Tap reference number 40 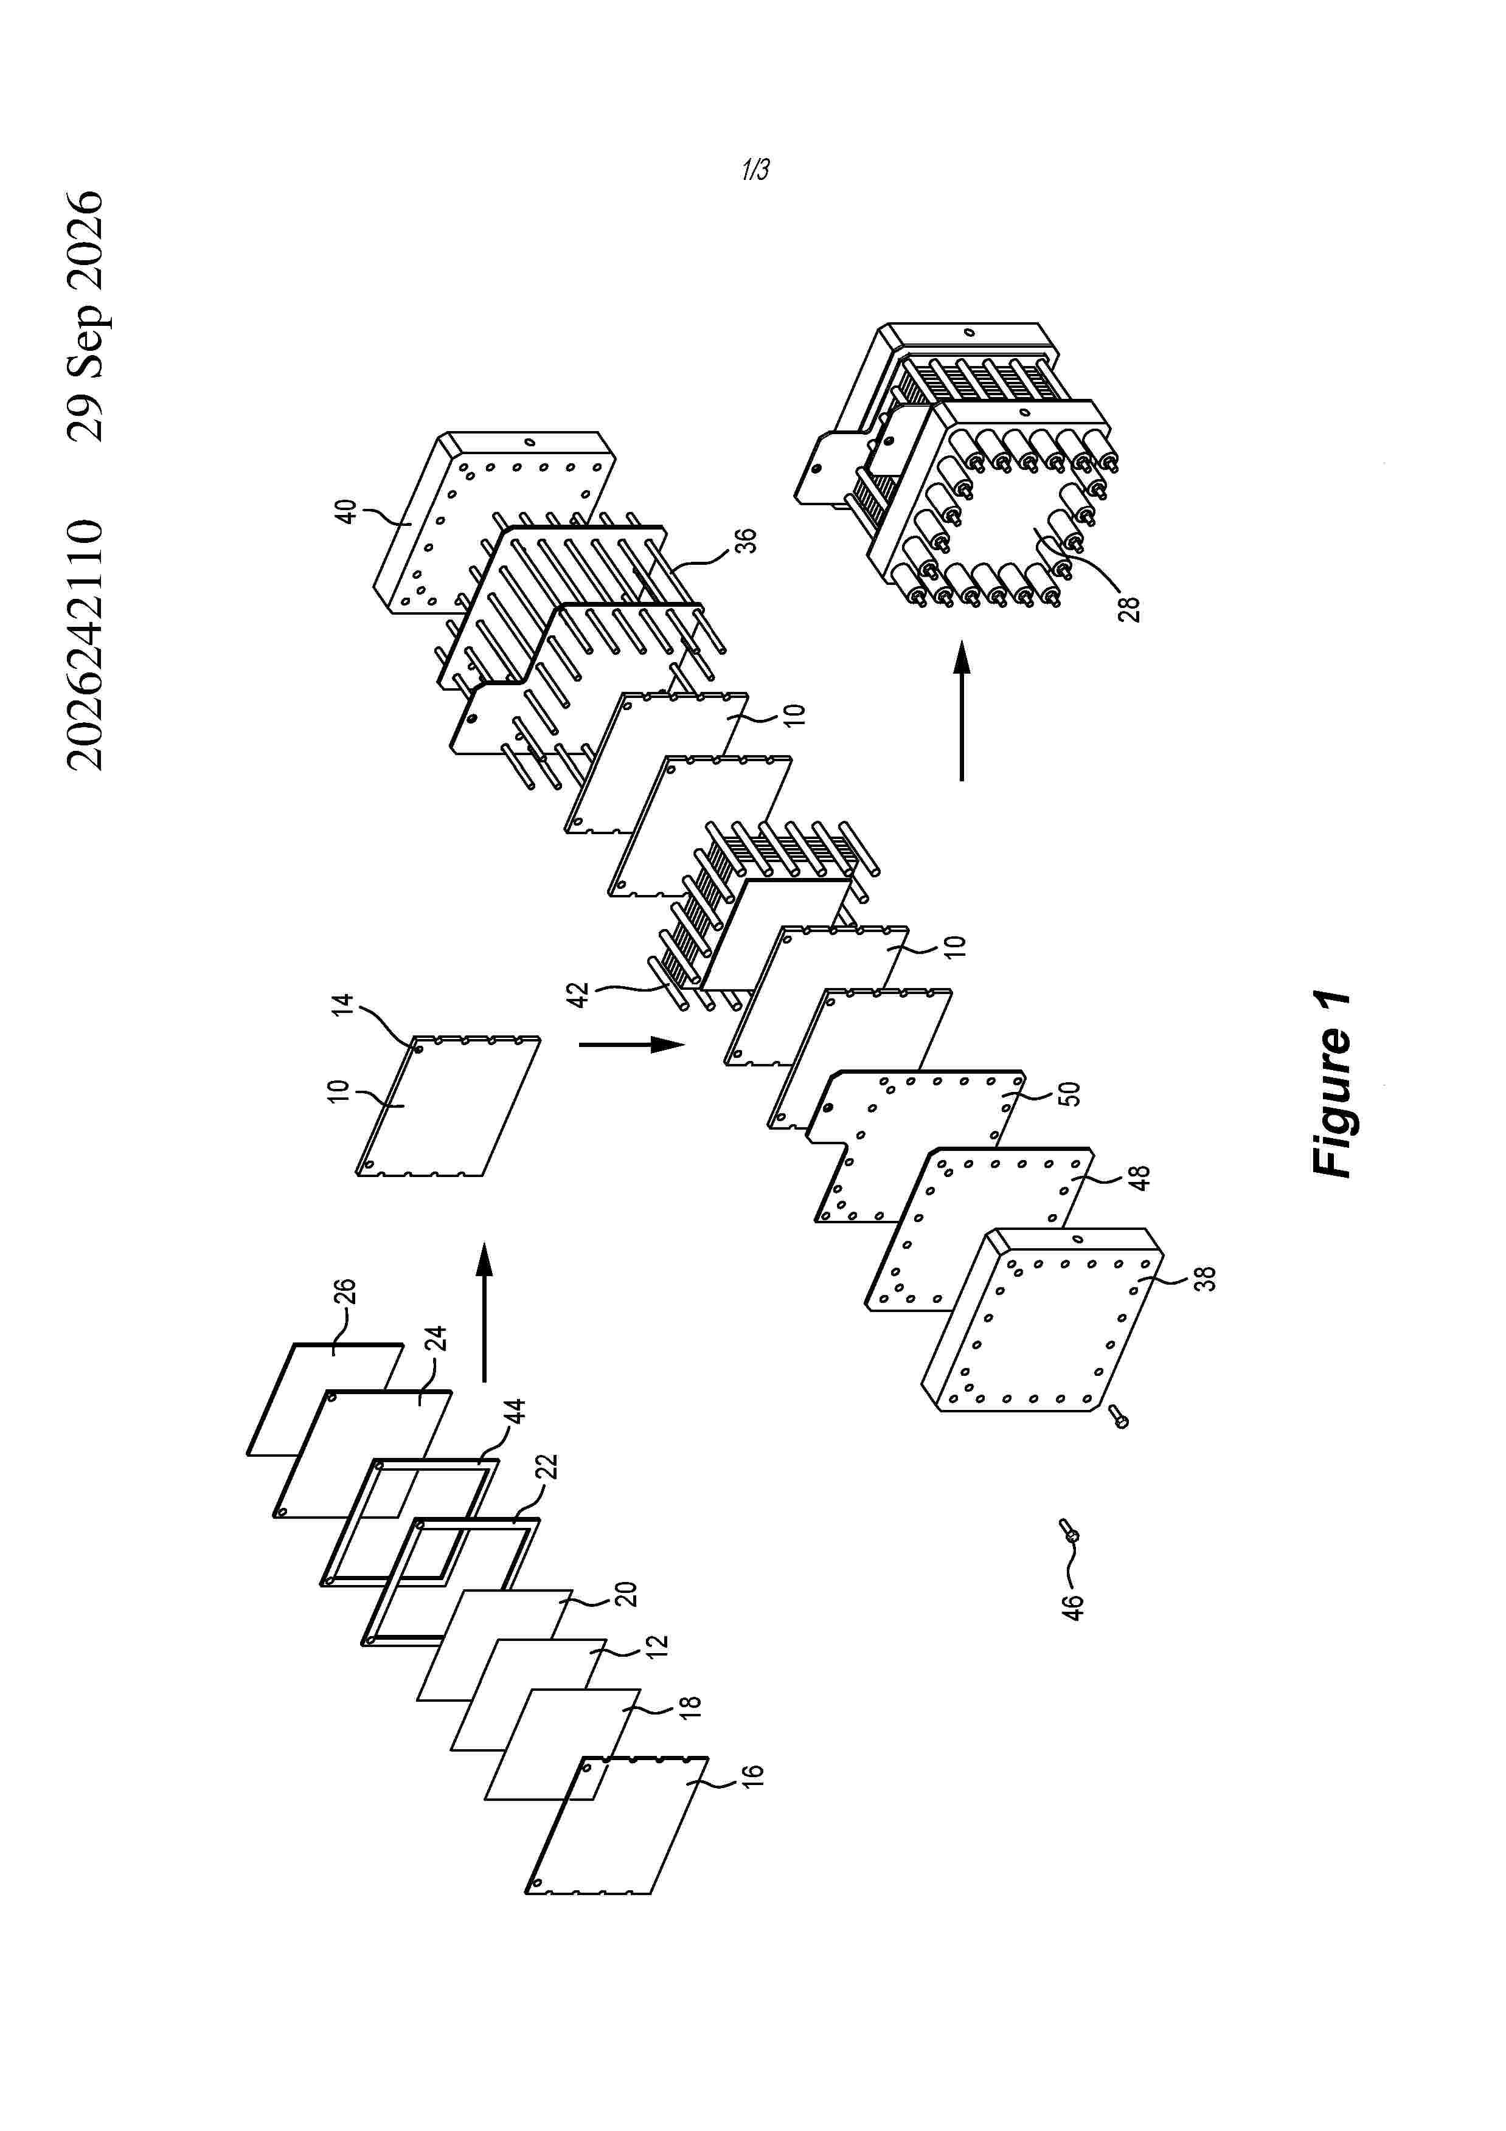(345, 511)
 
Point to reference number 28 (1129, 609)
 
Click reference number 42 (578, 995)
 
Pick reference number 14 (344, 1005)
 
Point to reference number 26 (344, 1292)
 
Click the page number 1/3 (755, 169)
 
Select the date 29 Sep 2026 (85, 316)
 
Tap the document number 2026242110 (85, 645)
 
